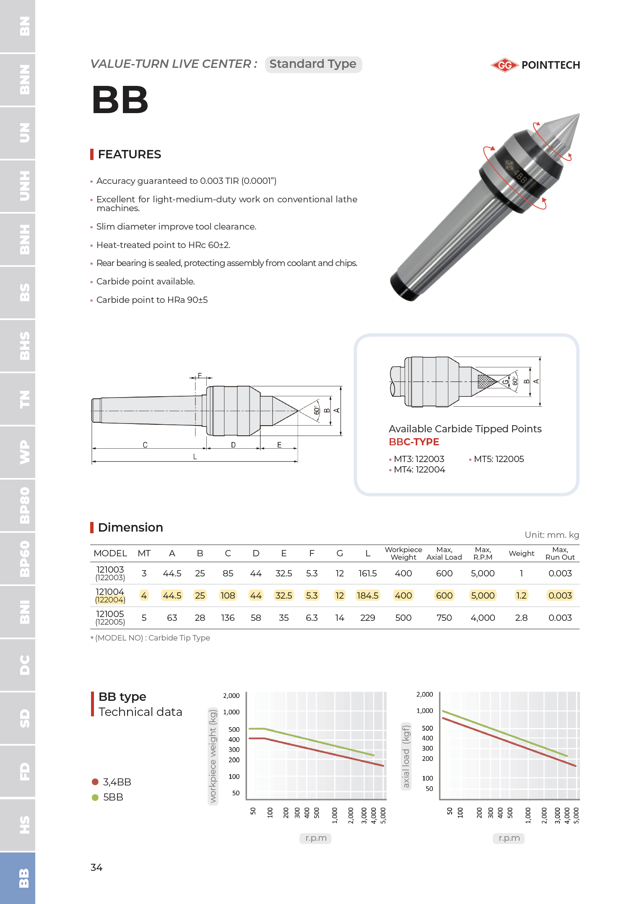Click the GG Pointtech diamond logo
tap(505, 65)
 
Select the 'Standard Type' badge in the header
tap(313, 64)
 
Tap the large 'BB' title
tap(120, 100)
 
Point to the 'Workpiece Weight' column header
tap(403, 553)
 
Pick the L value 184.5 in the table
tap(367, 595)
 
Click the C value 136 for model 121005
tap(228, 617)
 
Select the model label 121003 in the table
tap(110, 570)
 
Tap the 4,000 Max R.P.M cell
tap(483, 617)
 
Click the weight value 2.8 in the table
tap(521, 617)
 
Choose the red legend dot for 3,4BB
tap(95, 782)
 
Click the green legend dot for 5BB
tap(95, 797)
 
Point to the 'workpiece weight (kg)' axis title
tap(213, 755)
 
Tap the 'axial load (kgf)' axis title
tap(406, 755)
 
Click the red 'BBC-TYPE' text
tap(414, 442)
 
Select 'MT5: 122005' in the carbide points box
tap(498, 459)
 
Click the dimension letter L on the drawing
tap(195, 457)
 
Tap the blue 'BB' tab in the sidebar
tap(18, 878)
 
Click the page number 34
tap(96, 867)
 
